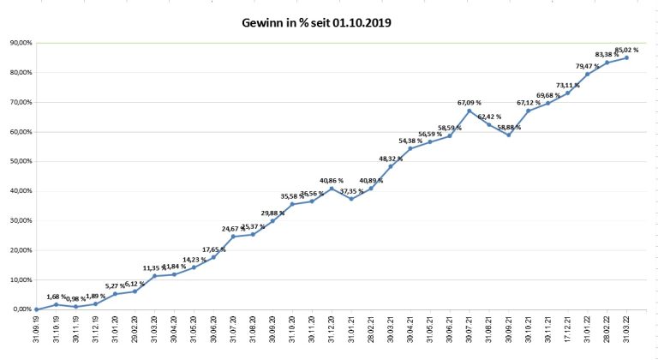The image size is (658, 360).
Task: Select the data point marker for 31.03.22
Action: click(626, 57)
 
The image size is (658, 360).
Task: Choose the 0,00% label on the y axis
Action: click(19, 309)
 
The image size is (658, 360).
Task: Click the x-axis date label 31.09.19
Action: click(36, 330)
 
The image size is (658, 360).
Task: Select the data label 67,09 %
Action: click(470, 103)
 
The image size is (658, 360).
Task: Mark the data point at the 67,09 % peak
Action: click(470, 111)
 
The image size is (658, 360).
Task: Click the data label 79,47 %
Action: click(588, 66)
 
